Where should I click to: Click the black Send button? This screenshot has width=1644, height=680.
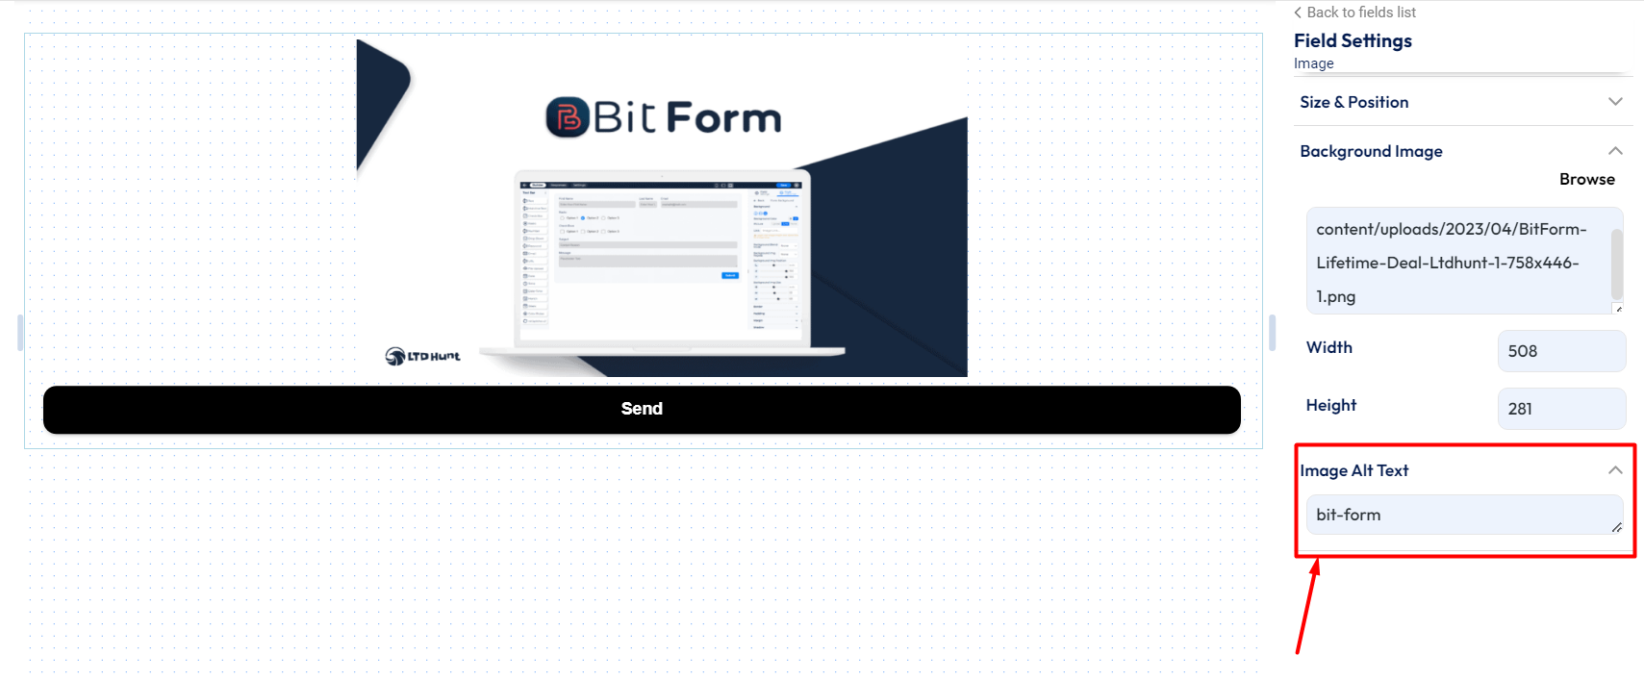pyautogui.click(x=642, y=410)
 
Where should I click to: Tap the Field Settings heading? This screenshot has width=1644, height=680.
pyautogui.click(x=1353, y=41)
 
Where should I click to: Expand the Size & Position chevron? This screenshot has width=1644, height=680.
pyautogui.click(x=1615, y=102)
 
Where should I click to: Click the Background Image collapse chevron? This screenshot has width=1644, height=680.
pyautogui.click(x=1615, y=151)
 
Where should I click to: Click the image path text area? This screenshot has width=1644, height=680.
pyautogui.click(x=1457, y=262)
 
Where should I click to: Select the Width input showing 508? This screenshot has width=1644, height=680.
pyautogui.click(x=1560, y=351)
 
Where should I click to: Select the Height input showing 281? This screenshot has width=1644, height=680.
pyautogui.click(x=1560, y=409)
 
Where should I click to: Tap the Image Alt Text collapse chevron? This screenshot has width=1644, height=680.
pyautogui.click(x=1615, y=470)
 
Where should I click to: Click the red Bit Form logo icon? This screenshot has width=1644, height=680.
pyautogui.click(x=567, y=118)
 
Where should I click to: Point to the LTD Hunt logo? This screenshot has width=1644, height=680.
pyautogui.click(x=422, y=356)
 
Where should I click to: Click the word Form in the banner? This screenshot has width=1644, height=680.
pyautogui.click(x=723, y=118)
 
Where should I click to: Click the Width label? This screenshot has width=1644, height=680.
pyautogui.click(x=1328, y=348)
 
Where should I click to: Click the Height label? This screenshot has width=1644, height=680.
pyautogui.click(x=1330, y=406)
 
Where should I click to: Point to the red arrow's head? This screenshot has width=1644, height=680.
pyautogui.click(x=1316, y=566)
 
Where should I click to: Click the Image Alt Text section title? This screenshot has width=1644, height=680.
pyautogui.click(x=1354, y=470)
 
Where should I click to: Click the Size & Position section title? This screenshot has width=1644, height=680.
pyautogui.click(x=1353, y=102)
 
